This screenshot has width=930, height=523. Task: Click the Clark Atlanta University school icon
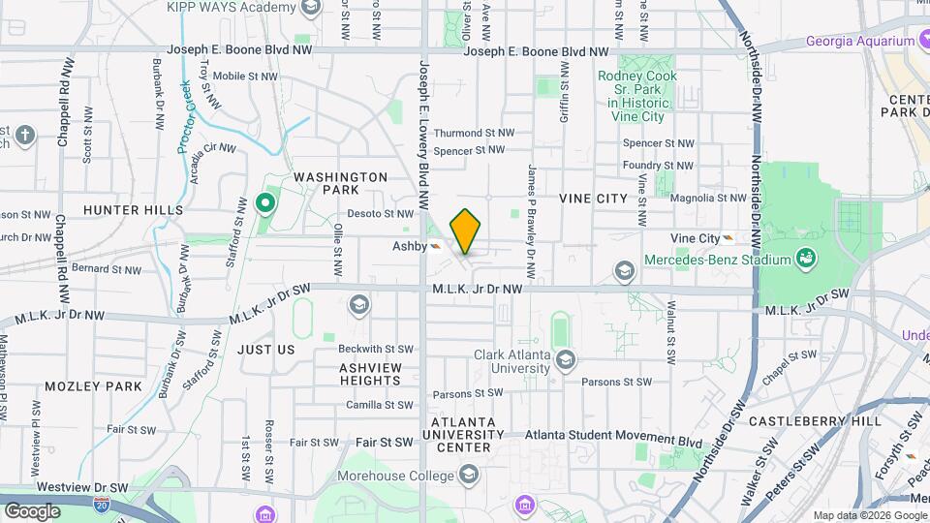coord(566,361)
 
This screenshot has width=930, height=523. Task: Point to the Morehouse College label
coord(395,476)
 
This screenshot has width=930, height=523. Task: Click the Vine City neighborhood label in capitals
coord(593,198)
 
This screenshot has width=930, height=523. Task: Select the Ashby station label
coord(409,246)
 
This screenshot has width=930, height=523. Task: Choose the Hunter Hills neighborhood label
coord(133,209)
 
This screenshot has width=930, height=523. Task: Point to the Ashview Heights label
coord(369,374)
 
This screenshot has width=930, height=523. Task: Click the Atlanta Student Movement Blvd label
coord(613,441)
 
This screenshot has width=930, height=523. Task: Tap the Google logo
coord(32,509)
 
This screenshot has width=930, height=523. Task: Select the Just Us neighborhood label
coord(264,349)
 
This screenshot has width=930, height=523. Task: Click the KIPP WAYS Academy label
coord(230,8)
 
